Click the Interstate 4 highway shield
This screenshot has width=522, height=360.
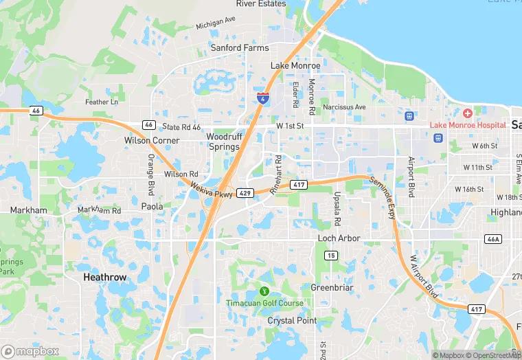pos(262,97)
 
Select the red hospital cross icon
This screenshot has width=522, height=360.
pos(468,113)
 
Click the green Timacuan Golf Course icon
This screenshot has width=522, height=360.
pos(264,291)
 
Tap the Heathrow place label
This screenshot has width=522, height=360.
pos(104,277)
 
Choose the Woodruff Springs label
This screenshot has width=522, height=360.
pos(223,142)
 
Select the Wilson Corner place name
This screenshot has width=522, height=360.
pos(152,140)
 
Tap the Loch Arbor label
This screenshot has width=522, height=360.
pos(339,238)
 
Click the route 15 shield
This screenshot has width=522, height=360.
pos(331,256)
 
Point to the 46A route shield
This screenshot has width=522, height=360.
pos(492,239)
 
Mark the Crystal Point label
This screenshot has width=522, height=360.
pos(292,321)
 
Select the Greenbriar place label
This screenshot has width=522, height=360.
pos(332,288)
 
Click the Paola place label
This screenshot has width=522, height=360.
pos(152,206)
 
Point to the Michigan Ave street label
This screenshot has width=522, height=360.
pos(215,24)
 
